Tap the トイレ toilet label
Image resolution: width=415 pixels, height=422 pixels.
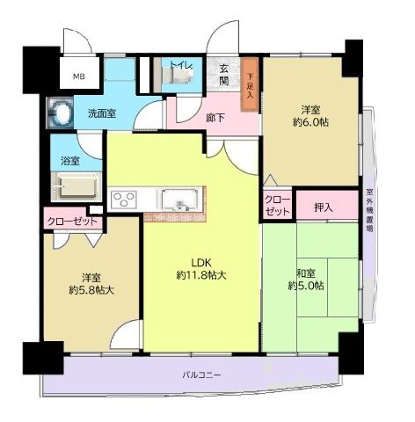[182, 64]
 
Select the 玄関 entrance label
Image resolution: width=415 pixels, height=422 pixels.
[225, 76]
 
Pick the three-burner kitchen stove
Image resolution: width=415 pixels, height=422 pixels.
[123, 198]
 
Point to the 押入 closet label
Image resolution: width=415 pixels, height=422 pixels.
[324, 207]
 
